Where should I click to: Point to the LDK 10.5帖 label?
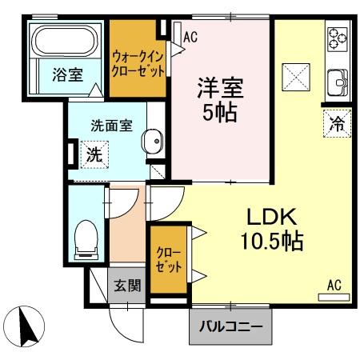(x=271, y=228)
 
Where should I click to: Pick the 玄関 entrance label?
(x=126, y=284)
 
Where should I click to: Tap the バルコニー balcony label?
(x=230, y=327)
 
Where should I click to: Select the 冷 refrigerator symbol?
(x=337, y=123)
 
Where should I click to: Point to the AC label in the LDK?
(x=334, y=283)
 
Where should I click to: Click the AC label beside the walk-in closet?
(x=190, y=36)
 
